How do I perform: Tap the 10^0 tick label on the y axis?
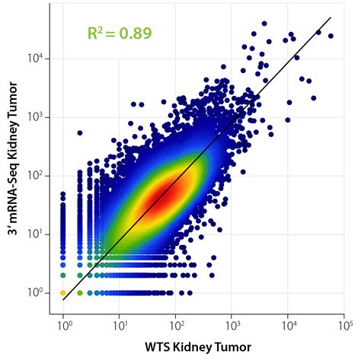38,292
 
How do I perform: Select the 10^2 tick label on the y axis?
38,176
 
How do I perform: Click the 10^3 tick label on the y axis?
38,117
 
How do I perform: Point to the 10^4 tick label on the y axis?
38,59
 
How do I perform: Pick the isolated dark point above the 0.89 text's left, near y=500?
80,133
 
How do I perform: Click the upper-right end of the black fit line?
330,18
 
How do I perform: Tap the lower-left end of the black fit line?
63,299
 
